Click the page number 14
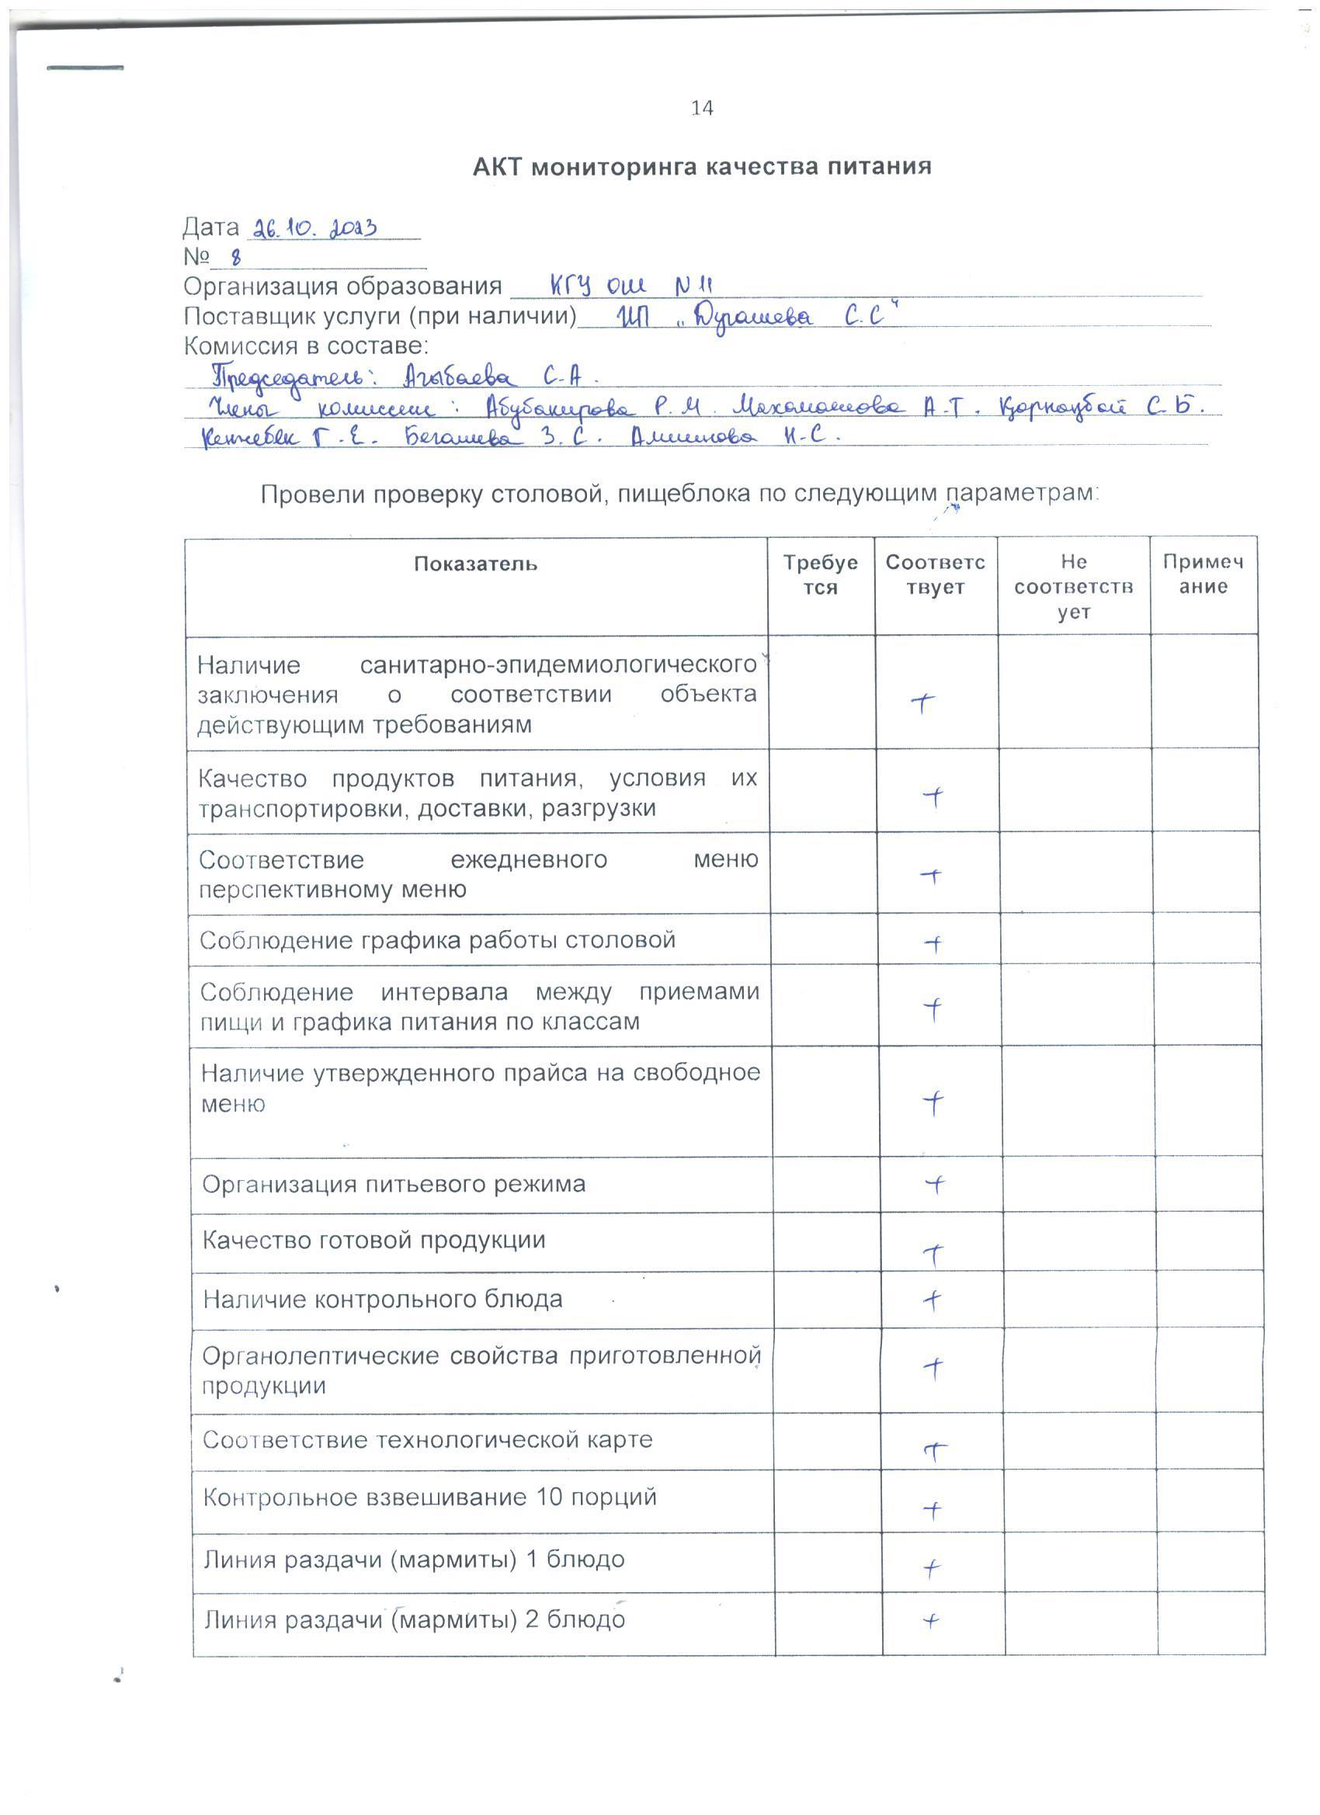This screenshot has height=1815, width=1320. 701,108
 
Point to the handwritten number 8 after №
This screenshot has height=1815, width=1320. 235,258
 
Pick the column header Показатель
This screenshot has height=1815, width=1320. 475,564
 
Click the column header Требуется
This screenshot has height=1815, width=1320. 820,574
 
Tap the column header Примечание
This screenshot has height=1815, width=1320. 1202,574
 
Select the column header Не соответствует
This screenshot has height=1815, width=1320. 1072,587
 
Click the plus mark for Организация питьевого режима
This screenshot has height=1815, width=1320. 934,1185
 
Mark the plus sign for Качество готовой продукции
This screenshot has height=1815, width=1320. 934,1255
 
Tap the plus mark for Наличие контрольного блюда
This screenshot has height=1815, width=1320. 932,1300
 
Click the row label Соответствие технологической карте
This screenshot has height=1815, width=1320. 428,1441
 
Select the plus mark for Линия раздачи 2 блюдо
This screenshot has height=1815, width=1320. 930,1622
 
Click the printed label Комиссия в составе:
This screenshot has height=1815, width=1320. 306,346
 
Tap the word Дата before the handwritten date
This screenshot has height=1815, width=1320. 210,228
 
